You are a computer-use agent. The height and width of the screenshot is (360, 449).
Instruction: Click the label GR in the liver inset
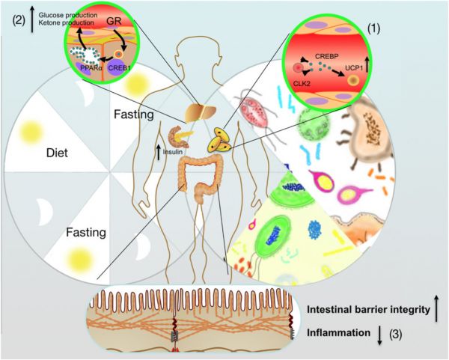tap(114, 21)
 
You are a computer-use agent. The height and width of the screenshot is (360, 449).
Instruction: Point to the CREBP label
tap(327, 56)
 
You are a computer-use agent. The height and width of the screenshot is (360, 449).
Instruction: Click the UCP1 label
tap(354, 68)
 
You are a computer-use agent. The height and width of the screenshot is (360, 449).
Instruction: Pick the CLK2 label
tap(302, 85)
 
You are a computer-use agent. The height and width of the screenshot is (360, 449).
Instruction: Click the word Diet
tap(58, 153)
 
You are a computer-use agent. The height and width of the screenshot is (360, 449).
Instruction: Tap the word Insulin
tap(173, 152)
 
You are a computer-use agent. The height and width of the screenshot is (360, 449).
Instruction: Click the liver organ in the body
tap(200, 112)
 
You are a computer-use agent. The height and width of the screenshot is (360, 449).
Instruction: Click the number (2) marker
tap(19, 22)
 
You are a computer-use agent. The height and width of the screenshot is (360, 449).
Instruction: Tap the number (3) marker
tap(395, 334)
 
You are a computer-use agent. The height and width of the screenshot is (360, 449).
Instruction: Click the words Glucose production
tap(68, 15)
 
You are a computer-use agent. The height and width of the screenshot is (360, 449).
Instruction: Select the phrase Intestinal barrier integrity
tap(368, 310)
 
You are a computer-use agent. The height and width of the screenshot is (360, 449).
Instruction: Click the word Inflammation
tap(338, 333)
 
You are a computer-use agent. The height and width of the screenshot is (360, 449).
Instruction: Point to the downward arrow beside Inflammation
tap(379, 335)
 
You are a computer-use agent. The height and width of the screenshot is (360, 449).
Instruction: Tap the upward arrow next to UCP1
tap(367, 64)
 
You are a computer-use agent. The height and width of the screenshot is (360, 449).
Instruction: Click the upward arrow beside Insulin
tap(159, 152)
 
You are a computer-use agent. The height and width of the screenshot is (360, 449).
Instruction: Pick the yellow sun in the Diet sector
tap(31, 130)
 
